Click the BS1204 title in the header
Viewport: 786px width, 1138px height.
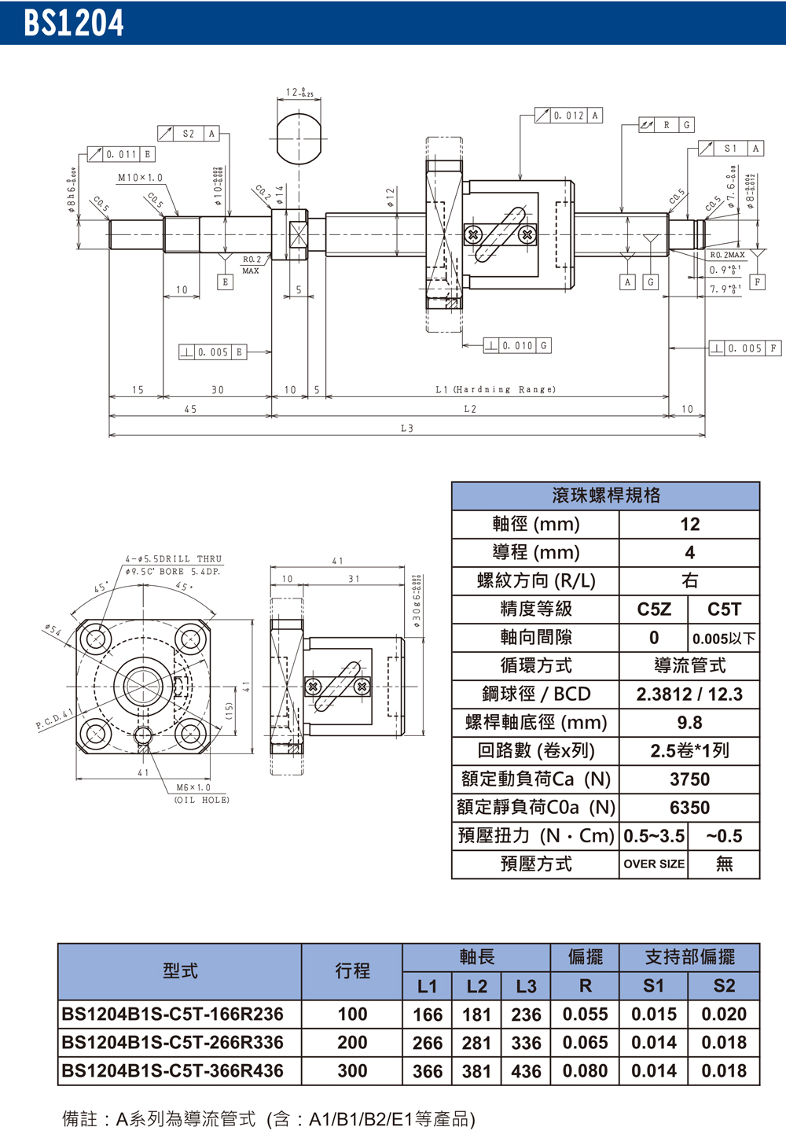[74, 23]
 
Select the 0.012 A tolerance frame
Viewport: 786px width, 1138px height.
[569, 116]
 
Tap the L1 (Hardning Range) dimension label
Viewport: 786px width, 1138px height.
[495, 389]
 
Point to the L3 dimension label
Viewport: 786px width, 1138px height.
[406, 429]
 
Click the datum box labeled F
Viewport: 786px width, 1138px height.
[757, 282]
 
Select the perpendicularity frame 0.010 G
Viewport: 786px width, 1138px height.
[517, 345]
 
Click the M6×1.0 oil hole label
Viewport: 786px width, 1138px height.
[193, 787]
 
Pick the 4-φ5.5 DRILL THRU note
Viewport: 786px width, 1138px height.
[174, 558]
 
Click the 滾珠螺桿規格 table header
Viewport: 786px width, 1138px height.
[605, 495]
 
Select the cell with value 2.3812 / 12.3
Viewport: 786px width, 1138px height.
[689, 694]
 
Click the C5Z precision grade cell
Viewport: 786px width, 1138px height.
[653, 610]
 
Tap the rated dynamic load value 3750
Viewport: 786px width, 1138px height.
[689, 779]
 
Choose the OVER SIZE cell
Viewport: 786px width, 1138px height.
[653, 864]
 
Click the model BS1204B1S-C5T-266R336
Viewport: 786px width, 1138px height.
[172, 1043]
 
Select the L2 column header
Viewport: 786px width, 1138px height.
[476, 986]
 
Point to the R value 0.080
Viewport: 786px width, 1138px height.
[585, 1071]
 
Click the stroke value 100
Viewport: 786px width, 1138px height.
[352, 1015]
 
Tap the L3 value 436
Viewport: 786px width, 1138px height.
[526, 1071]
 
